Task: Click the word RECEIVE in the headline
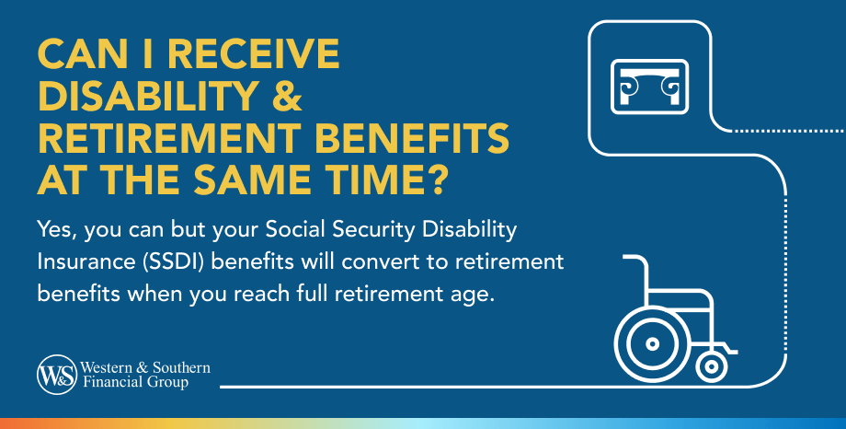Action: (x=254, y=54)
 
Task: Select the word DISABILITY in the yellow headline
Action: (x=147, y=96)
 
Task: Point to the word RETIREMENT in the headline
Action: (x=167, y=138)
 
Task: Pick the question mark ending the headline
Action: (x=434, y=180)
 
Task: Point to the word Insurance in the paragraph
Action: (x=86, y=262)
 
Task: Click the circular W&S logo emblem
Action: (x=57, y=375)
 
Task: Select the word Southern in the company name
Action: (x=181, y=368)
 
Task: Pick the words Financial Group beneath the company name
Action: (x=135, y=383)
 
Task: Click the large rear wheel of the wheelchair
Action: (x=652, y=343)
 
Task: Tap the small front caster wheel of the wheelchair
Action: (x=712, y=367)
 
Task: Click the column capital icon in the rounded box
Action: (x=649, y=87)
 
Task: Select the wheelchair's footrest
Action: (x=726, y=349)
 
